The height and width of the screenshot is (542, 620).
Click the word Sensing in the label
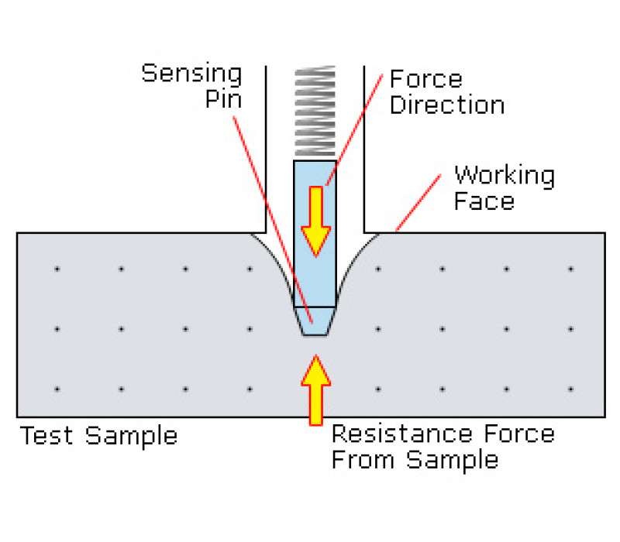coord(191,74)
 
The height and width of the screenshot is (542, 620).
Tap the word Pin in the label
coord(223,99)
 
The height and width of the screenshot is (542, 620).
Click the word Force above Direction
coord(425,79)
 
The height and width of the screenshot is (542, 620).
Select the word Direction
coord(447,105)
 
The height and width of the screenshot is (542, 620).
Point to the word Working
coord(505,176)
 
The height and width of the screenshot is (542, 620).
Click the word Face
coord(484,201)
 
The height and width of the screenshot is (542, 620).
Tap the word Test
coord(46,435)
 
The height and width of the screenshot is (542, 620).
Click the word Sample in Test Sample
coord(131,437)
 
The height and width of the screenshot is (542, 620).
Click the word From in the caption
coord(363,459)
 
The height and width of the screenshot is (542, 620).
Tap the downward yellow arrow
coord(315,221)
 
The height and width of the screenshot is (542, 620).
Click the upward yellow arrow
coord(315,390)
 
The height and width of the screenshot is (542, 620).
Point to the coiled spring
coord(315,111)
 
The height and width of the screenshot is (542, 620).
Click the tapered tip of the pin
coord(315,321)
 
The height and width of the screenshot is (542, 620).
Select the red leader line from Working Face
coord(418,203)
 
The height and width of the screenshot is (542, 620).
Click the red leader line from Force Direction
coord(354,129)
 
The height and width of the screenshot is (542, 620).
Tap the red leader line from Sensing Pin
coord(274,220)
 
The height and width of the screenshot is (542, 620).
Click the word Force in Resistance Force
coord(519,434)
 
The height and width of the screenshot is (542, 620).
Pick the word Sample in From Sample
coord(453,461)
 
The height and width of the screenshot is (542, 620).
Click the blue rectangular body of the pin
coord(315,234)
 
